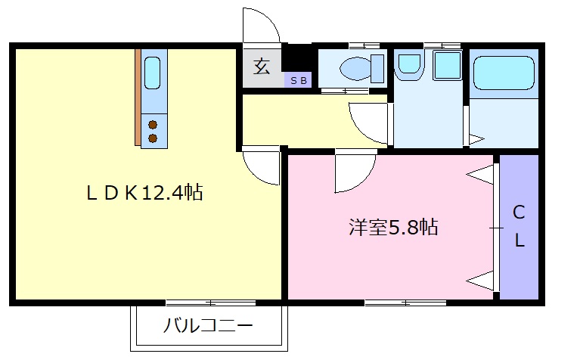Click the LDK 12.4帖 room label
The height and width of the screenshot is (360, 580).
pyautogui.click(x=144, y=193)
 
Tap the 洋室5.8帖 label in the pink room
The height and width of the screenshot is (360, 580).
pyautogui.click(x=392, y=226)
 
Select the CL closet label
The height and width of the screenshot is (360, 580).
pyautogui.click(x=519, y=226)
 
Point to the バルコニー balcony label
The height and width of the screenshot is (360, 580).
pyautogui.click(x=208, y=327)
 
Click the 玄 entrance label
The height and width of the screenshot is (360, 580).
pyautogui.click(x=262, y=67)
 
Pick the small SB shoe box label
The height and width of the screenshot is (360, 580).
pyautogui.click(x=296, y=79)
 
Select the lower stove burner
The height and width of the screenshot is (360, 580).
pyautogui.click(x=154, y=138)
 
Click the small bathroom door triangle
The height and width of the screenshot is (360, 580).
pyautogui.click(x=476, y=138)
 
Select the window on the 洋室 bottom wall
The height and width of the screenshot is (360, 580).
pyautogui.click(x=405, y=303)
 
